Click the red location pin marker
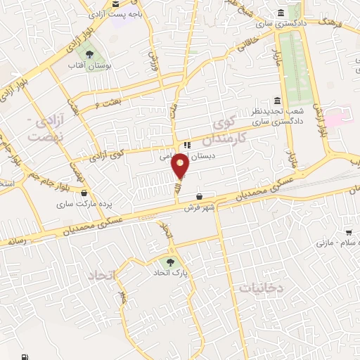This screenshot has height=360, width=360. point(181,166)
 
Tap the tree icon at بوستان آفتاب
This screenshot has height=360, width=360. point(89,53)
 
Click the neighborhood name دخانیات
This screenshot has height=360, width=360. point(260,288)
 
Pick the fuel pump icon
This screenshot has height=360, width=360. point(26,354)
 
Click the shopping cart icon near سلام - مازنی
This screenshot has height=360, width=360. point(348,233)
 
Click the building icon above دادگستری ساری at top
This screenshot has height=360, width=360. point(281,13)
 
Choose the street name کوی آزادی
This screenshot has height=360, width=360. point(109,153)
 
